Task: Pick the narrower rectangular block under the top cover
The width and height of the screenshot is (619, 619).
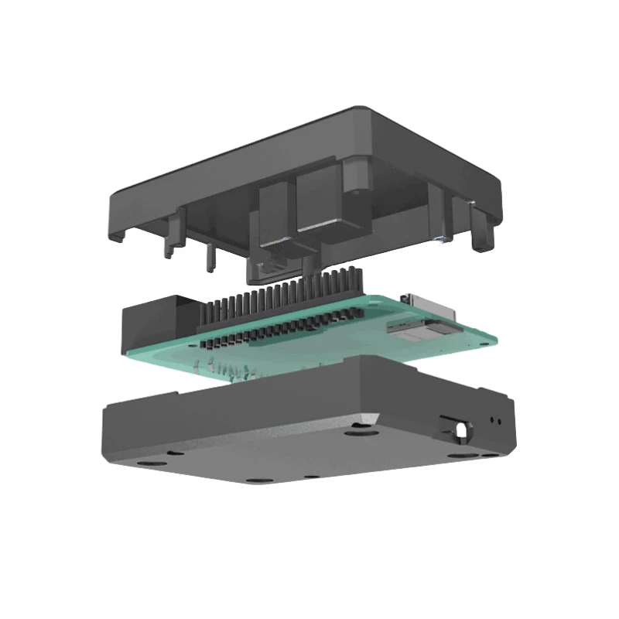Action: coord(273,213)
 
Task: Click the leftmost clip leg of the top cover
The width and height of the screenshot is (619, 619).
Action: coord(172,232)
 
